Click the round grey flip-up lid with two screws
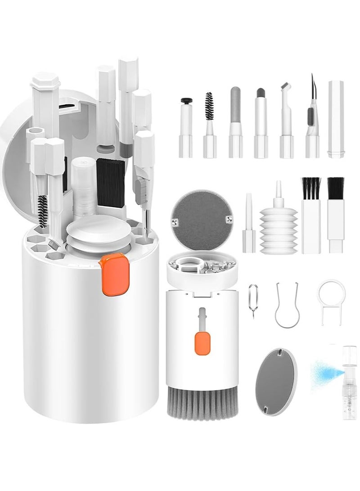(201, 214)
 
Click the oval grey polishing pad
(276, 381)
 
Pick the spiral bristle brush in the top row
(209, 106)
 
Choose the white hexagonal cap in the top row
(336, 119)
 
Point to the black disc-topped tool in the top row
(186, 101)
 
